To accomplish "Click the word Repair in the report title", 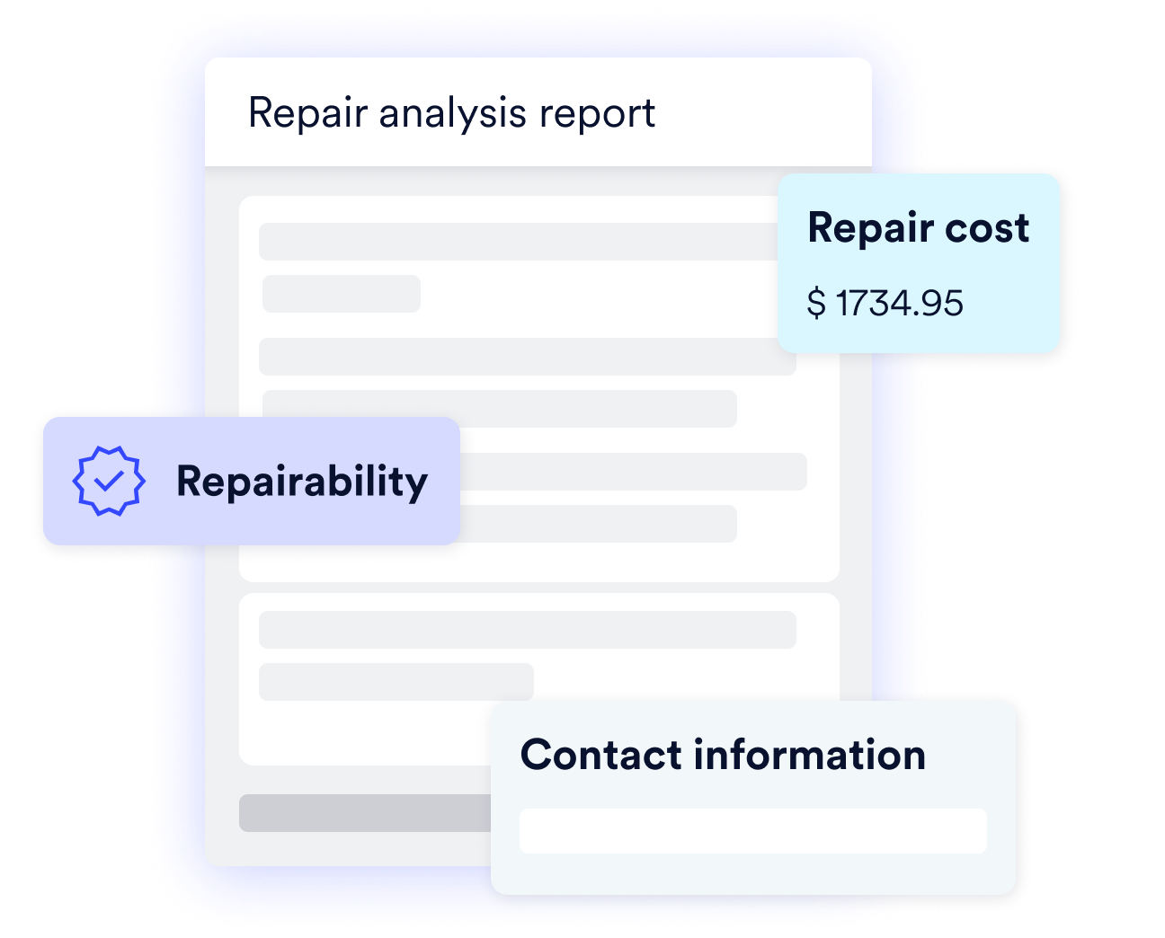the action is tap(307, 114).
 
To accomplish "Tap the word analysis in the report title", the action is tap(452, 114).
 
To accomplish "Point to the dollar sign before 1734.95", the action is tap(816, 303).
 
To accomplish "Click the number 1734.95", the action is tap(900, 303).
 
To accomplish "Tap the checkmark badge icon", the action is tap(109, 481).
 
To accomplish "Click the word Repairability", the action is tap(302, 482).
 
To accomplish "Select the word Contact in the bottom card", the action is tap(600, 755).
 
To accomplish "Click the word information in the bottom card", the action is tap(809, 754).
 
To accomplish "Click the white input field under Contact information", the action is tap(753, 831).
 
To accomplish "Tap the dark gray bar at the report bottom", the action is tap(366, 813).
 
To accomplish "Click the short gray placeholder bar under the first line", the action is tap(342, 294).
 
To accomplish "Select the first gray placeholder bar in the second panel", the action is tap(528, 630).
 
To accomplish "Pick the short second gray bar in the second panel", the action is tap(396, 682).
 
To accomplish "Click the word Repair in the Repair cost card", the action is tap(870, 229).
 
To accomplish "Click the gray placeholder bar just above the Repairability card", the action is tap(500, 409).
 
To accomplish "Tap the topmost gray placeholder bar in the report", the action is tap(519, 242).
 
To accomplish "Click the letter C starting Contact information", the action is tap(537, 755).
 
